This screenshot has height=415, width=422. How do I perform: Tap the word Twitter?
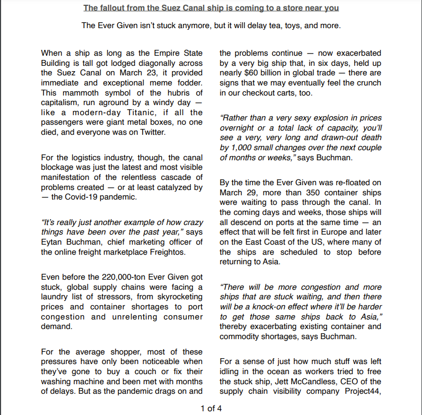pyautogui.click(x=152, y=132)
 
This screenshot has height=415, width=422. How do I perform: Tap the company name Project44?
pyautogui.click(x=362, y=392)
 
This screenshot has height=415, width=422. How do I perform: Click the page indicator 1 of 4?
pyautogui.click(x=210, y=408)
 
